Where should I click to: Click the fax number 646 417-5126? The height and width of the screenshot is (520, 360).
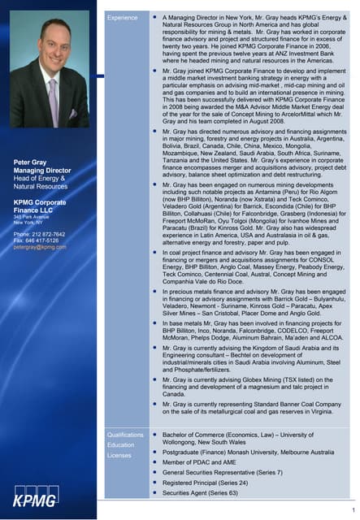tap(41, 240)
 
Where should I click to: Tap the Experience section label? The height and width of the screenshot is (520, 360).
tap(124, 16)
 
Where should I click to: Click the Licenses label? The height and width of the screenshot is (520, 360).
tap(119, 456)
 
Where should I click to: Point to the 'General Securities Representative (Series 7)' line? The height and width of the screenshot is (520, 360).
tap(222, 472)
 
